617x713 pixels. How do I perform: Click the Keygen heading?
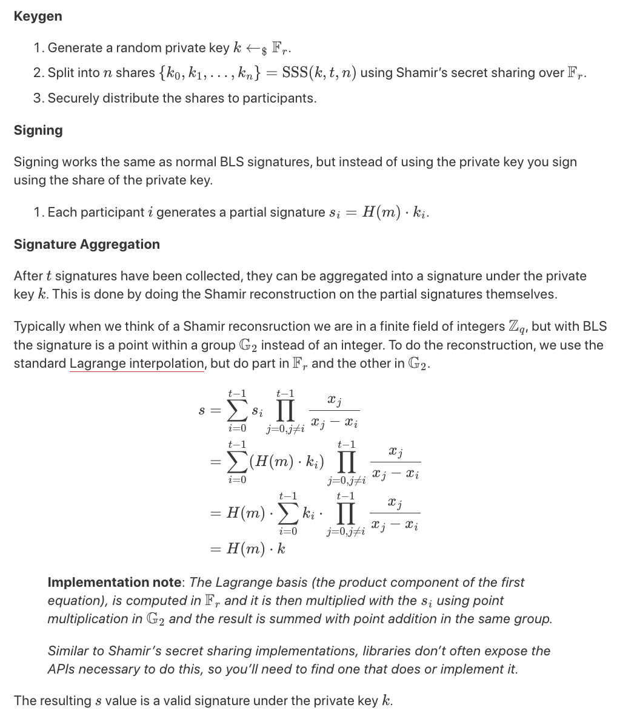[x=38, y=16]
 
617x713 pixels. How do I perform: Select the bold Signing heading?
[x=38, y=130]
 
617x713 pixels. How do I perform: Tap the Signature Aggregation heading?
[x=87, y=245]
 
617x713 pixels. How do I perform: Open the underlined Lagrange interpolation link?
[x=137, y=363]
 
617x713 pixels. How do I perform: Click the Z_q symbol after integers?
[x=516, y=326]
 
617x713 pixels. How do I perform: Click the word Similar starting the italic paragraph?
[x=68, y=651]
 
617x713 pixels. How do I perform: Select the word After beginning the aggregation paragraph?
[x=27, y=276]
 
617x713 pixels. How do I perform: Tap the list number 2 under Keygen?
[x=38, y=73]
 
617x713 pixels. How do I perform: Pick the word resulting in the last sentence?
[x=65, y=701]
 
